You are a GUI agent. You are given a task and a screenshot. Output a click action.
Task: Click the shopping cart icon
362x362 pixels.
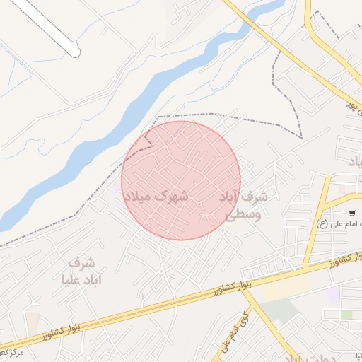tap(351, 213)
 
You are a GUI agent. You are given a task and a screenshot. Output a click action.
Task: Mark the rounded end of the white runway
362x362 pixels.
tap(75, 51)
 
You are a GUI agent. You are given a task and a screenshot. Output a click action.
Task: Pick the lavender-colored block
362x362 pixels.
tap(333, 295)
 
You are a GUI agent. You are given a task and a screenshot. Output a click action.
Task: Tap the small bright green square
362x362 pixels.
tap(346, 314)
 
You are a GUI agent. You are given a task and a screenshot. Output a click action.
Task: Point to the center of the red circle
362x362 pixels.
tap(181, 180)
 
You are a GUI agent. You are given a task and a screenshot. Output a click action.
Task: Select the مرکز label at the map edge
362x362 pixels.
tap(13, 351)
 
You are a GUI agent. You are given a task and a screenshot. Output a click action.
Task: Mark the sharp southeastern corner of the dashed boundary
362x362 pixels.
tap(302, 136)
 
